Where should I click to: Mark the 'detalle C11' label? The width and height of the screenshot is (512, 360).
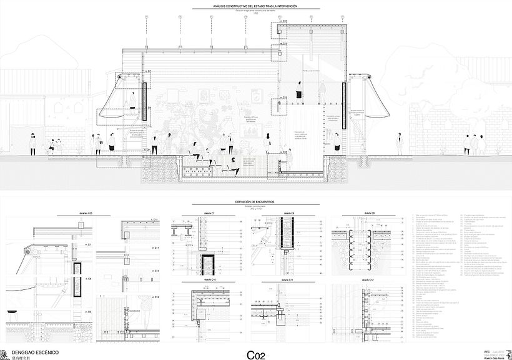click(288, 279)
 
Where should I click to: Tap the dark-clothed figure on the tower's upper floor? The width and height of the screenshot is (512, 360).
click(300, 92)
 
